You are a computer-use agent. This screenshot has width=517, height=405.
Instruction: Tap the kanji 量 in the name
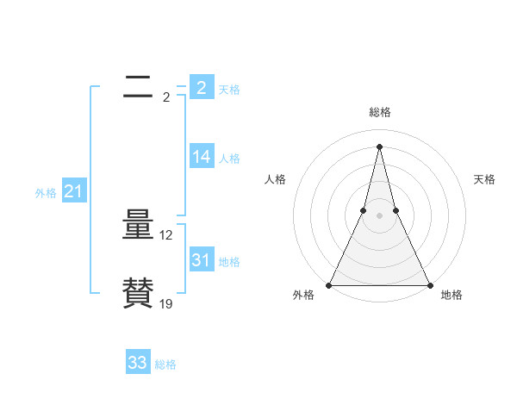[138, 226]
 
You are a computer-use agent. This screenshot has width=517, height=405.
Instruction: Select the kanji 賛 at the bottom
[138, 293]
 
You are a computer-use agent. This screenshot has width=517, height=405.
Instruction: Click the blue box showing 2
[202, 87]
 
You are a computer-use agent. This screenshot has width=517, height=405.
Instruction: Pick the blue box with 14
[202, 156]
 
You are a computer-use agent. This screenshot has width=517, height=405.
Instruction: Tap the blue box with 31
[202, 259]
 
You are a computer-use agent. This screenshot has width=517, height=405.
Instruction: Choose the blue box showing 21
[73, 192]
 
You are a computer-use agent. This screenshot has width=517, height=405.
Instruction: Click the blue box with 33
[138, 363]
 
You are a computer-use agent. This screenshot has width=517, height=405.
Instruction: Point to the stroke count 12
[166, 234]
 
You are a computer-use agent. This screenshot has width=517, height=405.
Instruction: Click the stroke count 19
[166, 303]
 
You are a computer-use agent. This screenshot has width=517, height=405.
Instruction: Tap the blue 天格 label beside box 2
[229, 90]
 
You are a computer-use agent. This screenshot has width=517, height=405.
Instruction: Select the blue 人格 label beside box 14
[229, 159]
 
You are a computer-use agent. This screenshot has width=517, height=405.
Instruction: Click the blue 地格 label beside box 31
[229, 262]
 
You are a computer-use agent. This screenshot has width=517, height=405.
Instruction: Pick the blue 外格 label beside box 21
[46, 194]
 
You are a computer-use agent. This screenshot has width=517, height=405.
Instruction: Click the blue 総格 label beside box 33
[165, 365]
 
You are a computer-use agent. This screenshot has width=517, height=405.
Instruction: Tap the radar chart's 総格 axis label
[380, 112]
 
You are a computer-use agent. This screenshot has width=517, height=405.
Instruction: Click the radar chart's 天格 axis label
[485, 179]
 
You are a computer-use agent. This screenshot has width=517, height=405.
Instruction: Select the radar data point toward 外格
[330, 285]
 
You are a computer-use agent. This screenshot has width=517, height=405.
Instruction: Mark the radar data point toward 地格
[429, 285]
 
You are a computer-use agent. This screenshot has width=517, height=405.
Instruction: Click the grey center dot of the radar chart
[380, 215]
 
